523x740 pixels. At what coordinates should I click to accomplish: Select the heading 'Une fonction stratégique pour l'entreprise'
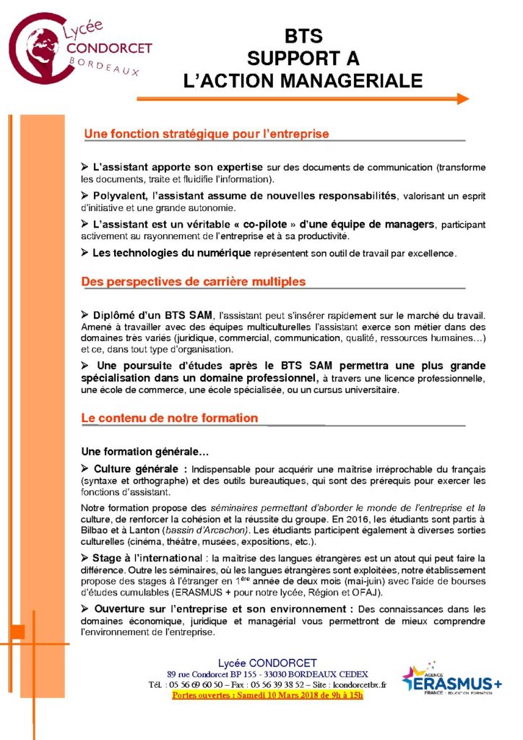[207, 134]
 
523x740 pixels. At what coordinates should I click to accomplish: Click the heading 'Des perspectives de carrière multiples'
[194, 281]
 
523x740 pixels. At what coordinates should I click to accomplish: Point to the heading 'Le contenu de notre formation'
[170, 418]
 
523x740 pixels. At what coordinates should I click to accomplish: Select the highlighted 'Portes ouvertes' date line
[267, 695]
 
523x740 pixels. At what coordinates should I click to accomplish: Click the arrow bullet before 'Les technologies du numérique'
[85, 252]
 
